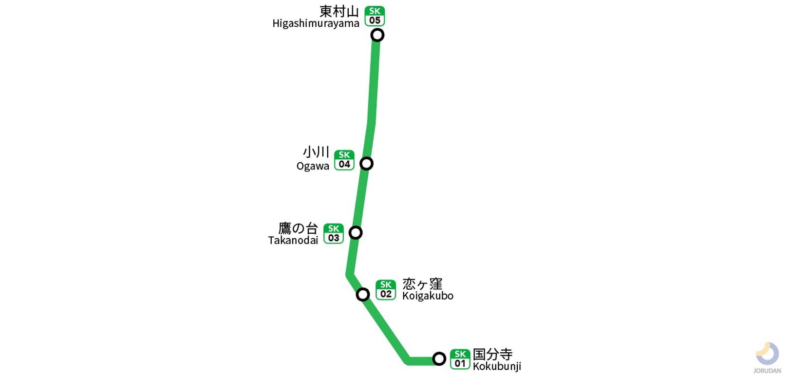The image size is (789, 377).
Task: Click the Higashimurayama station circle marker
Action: [x=377, y=35]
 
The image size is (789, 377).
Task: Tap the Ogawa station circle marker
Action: [x=366, y=164]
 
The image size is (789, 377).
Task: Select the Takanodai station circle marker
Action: [x=356, y=233]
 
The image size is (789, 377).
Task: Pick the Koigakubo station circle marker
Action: [x=363, y=294]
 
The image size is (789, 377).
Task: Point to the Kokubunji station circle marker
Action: [x=439, y=359]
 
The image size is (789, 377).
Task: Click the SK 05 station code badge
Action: [x=375, y=16]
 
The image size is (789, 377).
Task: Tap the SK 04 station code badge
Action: [x=344, y=160]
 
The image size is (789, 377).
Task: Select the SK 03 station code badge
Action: [x=334, y=234]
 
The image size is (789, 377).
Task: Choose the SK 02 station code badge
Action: [x=386, y=290]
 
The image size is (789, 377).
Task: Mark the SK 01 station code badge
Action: [x=460, y=359]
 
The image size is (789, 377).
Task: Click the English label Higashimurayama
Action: [x=316, y=23]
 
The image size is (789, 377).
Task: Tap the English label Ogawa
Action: [x=313, y=166]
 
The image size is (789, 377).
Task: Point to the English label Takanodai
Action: [x=293, y=240]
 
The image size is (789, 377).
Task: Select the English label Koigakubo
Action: [x=428, y=296]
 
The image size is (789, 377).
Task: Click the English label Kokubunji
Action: [x=497, y=366]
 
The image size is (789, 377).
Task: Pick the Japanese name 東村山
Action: [x=339, y=11]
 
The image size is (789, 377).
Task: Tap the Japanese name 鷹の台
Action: [x=298, y=228]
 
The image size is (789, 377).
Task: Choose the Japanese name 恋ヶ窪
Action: [x=422, y=283]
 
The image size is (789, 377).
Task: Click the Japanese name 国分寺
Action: [x=492, y=354]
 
